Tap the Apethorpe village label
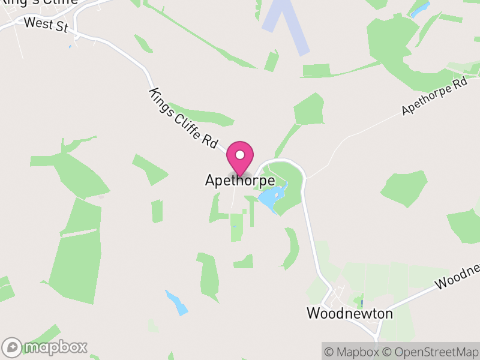click(240, 180)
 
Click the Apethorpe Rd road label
click(434, 97)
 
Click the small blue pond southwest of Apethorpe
click(176, 302)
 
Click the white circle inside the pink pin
click(240, 155)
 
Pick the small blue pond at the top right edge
click(419, 8)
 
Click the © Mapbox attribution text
click(352, 352)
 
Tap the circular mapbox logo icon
click(13, 347)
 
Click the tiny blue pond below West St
click(70, 46)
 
